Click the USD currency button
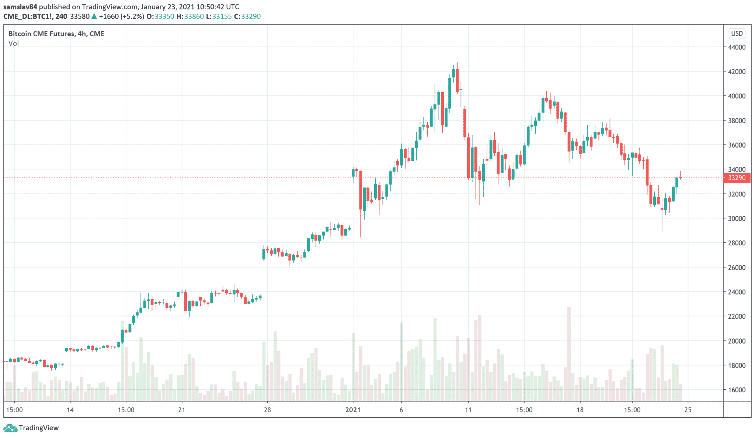[x=737, y=34]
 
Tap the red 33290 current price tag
[x=736, y=178]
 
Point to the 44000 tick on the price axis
[x=736, y=47]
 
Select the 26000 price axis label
[x=736, y=268]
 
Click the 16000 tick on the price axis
[x=736, y=390]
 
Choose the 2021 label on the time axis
[x=353, y=410]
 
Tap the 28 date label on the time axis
[x=267, y=410]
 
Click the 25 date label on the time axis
[x=688, y=410]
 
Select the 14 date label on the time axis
[x=70, y=410]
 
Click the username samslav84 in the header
[x=20, y=7]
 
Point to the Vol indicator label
[x=14, y=43]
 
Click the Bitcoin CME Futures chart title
[x=56, y=34]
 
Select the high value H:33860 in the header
[x=190, y=16]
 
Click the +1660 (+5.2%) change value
[x=121, y=16]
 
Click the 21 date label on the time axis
[x=181, y=410]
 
